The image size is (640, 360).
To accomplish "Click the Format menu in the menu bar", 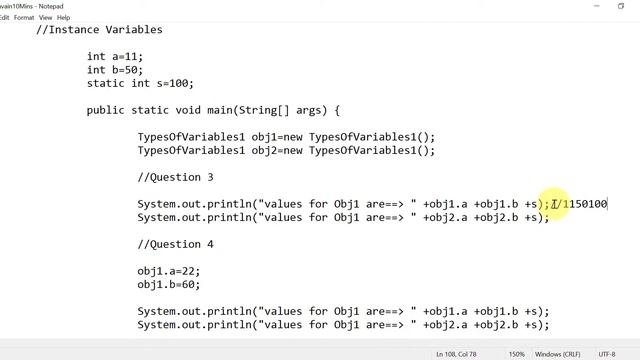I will tap(23, 17).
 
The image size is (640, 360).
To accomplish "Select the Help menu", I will tap(65, 17).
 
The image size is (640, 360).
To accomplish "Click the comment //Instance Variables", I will tap(99, 30).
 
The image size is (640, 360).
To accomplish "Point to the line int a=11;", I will tap(115, 57).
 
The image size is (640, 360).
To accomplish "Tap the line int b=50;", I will tap(115, 70).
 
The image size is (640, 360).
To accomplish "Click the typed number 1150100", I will tap(584, 204).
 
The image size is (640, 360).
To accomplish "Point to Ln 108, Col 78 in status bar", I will tap(462, 354).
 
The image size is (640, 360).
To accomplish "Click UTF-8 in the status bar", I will tap(606, 354).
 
